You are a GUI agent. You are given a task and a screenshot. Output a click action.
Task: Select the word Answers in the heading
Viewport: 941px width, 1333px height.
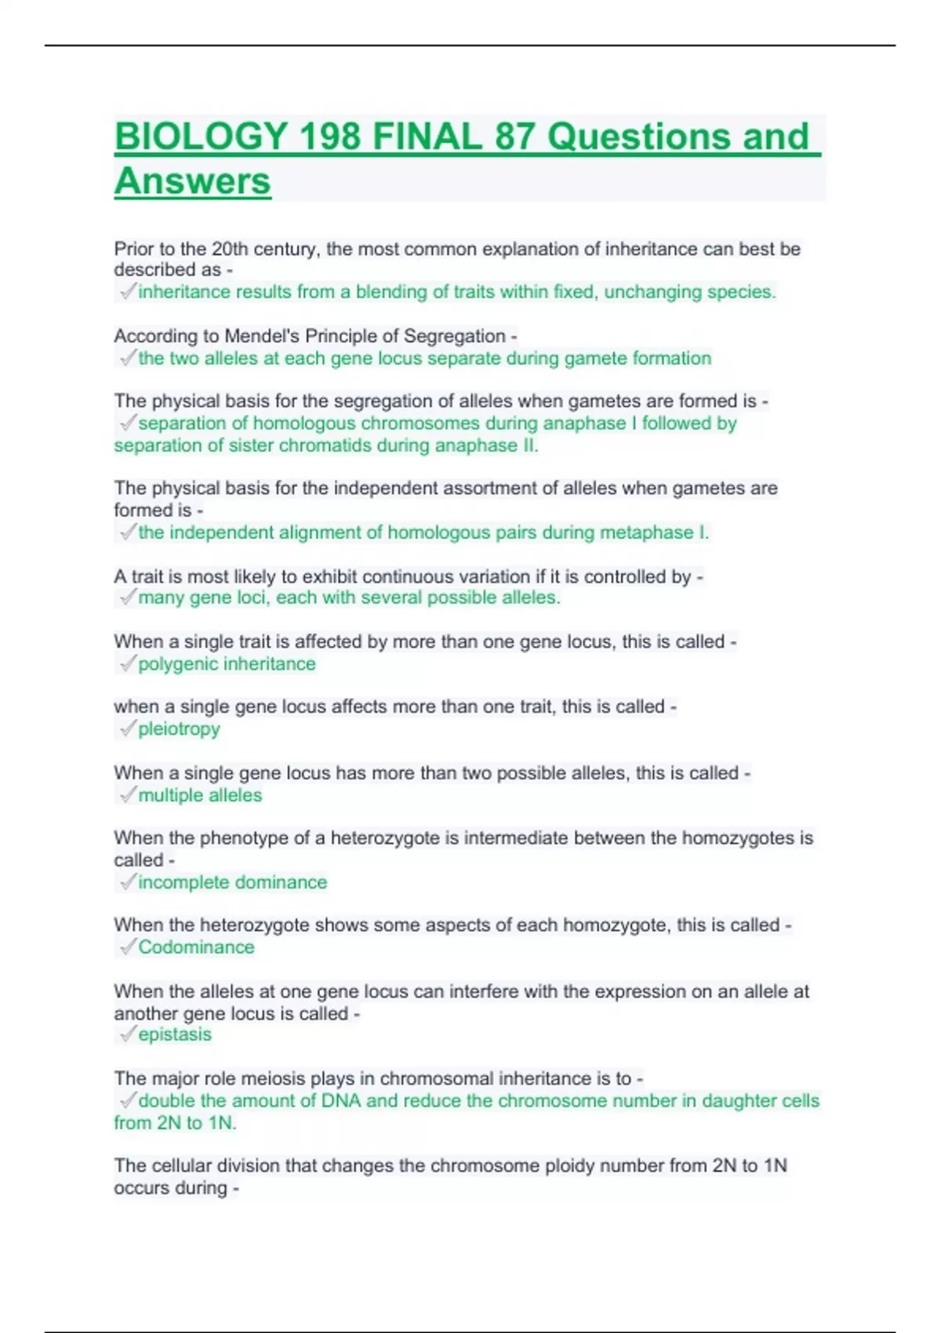(193, 181)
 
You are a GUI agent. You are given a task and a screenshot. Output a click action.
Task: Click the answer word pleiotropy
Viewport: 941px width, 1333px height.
(179, 729)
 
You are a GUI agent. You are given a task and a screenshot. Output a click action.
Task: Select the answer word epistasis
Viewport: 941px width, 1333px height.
(175, 1035)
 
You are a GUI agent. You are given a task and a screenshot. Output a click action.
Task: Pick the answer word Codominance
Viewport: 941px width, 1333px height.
(196, 947)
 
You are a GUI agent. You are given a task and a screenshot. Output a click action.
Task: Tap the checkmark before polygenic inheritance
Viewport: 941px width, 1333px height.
(127, 664)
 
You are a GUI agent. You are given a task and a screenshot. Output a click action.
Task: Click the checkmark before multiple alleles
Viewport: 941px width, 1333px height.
(127, 795)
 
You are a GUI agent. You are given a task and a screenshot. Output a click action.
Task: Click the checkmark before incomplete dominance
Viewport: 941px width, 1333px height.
(127, 882)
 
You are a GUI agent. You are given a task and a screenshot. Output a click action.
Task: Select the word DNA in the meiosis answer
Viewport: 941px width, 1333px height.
(341, 1101)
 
